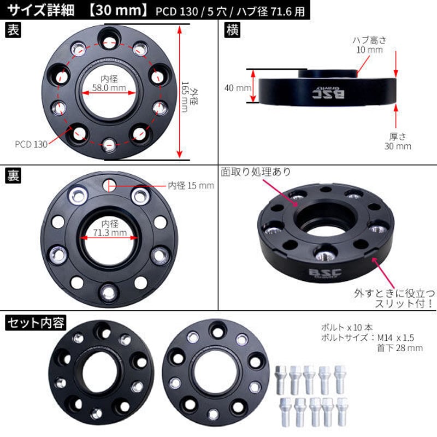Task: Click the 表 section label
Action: [x=13, y=31]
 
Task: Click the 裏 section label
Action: [x=13, y=177]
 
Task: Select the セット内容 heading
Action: [x=36, y=323]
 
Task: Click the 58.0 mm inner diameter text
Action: [x=108, y=87]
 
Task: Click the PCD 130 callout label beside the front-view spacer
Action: [x=31, y=144]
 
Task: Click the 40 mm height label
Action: [x=238, y=87]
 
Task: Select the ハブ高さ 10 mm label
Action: [x=368, y=44]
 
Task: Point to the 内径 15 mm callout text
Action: [x=191, y=186]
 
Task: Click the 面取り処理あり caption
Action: [x=256, y=172]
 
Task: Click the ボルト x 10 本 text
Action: [x=347, y=328]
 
